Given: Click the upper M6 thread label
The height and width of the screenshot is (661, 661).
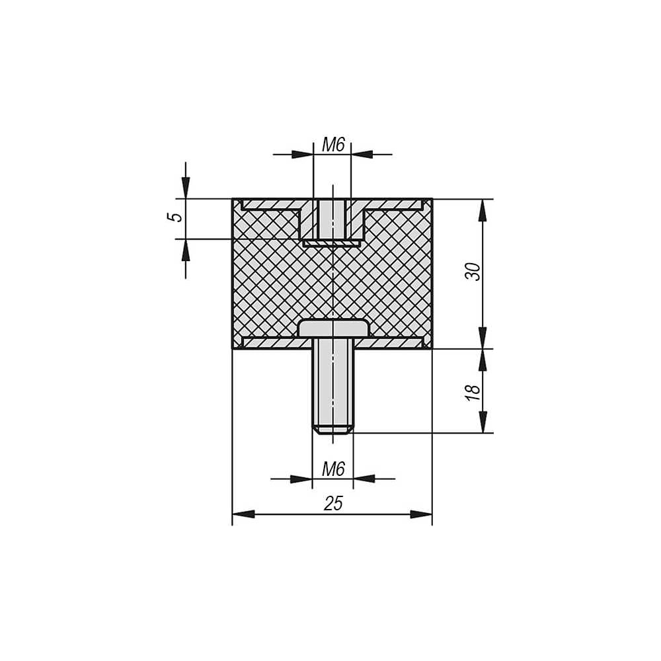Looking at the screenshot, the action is tap(333, 145).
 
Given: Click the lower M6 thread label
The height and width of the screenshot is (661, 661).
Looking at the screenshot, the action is tap(333, 469).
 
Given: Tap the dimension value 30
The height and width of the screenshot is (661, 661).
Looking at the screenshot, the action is tap(473, 272).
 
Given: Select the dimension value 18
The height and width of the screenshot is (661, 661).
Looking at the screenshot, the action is tap(473, 393).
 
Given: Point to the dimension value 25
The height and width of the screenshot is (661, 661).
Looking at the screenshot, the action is tap(333, 503).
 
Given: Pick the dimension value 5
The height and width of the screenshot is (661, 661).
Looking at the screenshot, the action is tap(175, 217).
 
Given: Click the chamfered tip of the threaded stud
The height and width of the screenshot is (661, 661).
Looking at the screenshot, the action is tap(332, 430).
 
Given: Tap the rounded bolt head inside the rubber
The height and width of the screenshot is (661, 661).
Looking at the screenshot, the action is tap(333, 329).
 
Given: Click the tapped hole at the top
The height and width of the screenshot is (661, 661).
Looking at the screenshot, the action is tap(332, 219).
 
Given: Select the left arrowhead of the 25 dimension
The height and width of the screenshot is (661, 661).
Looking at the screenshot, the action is tap(243, 514).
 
